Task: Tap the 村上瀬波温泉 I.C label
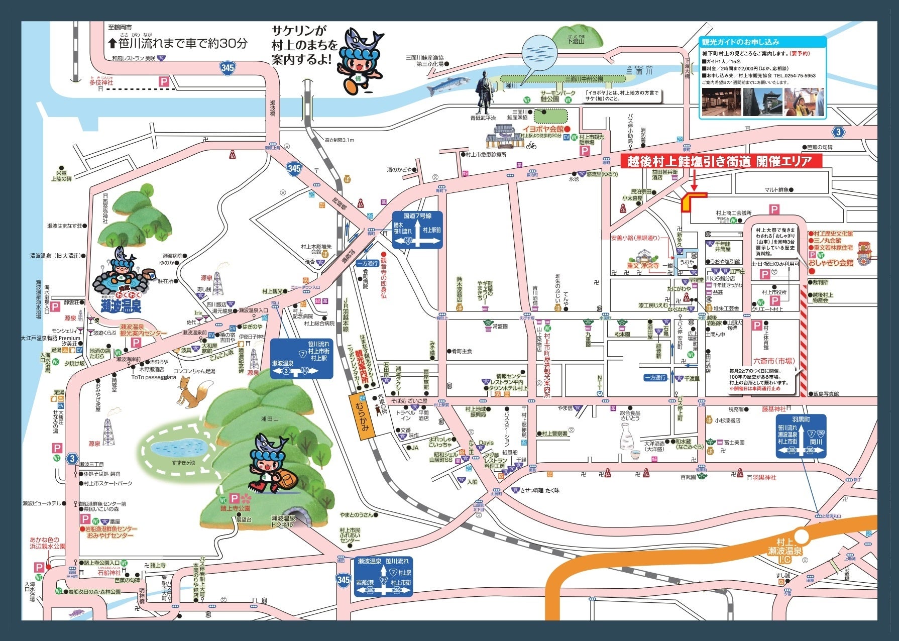pyautogui.click(x=788, y=551)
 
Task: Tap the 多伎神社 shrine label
pyautogui.click(x=101, y=82)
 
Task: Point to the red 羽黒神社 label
pyautogui.click(x=764, y=477)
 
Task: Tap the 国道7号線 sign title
pyautogui.click(x=417, y=216)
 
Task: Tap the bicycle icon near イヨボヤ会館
pyautogui.click(x=531, y=146)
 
